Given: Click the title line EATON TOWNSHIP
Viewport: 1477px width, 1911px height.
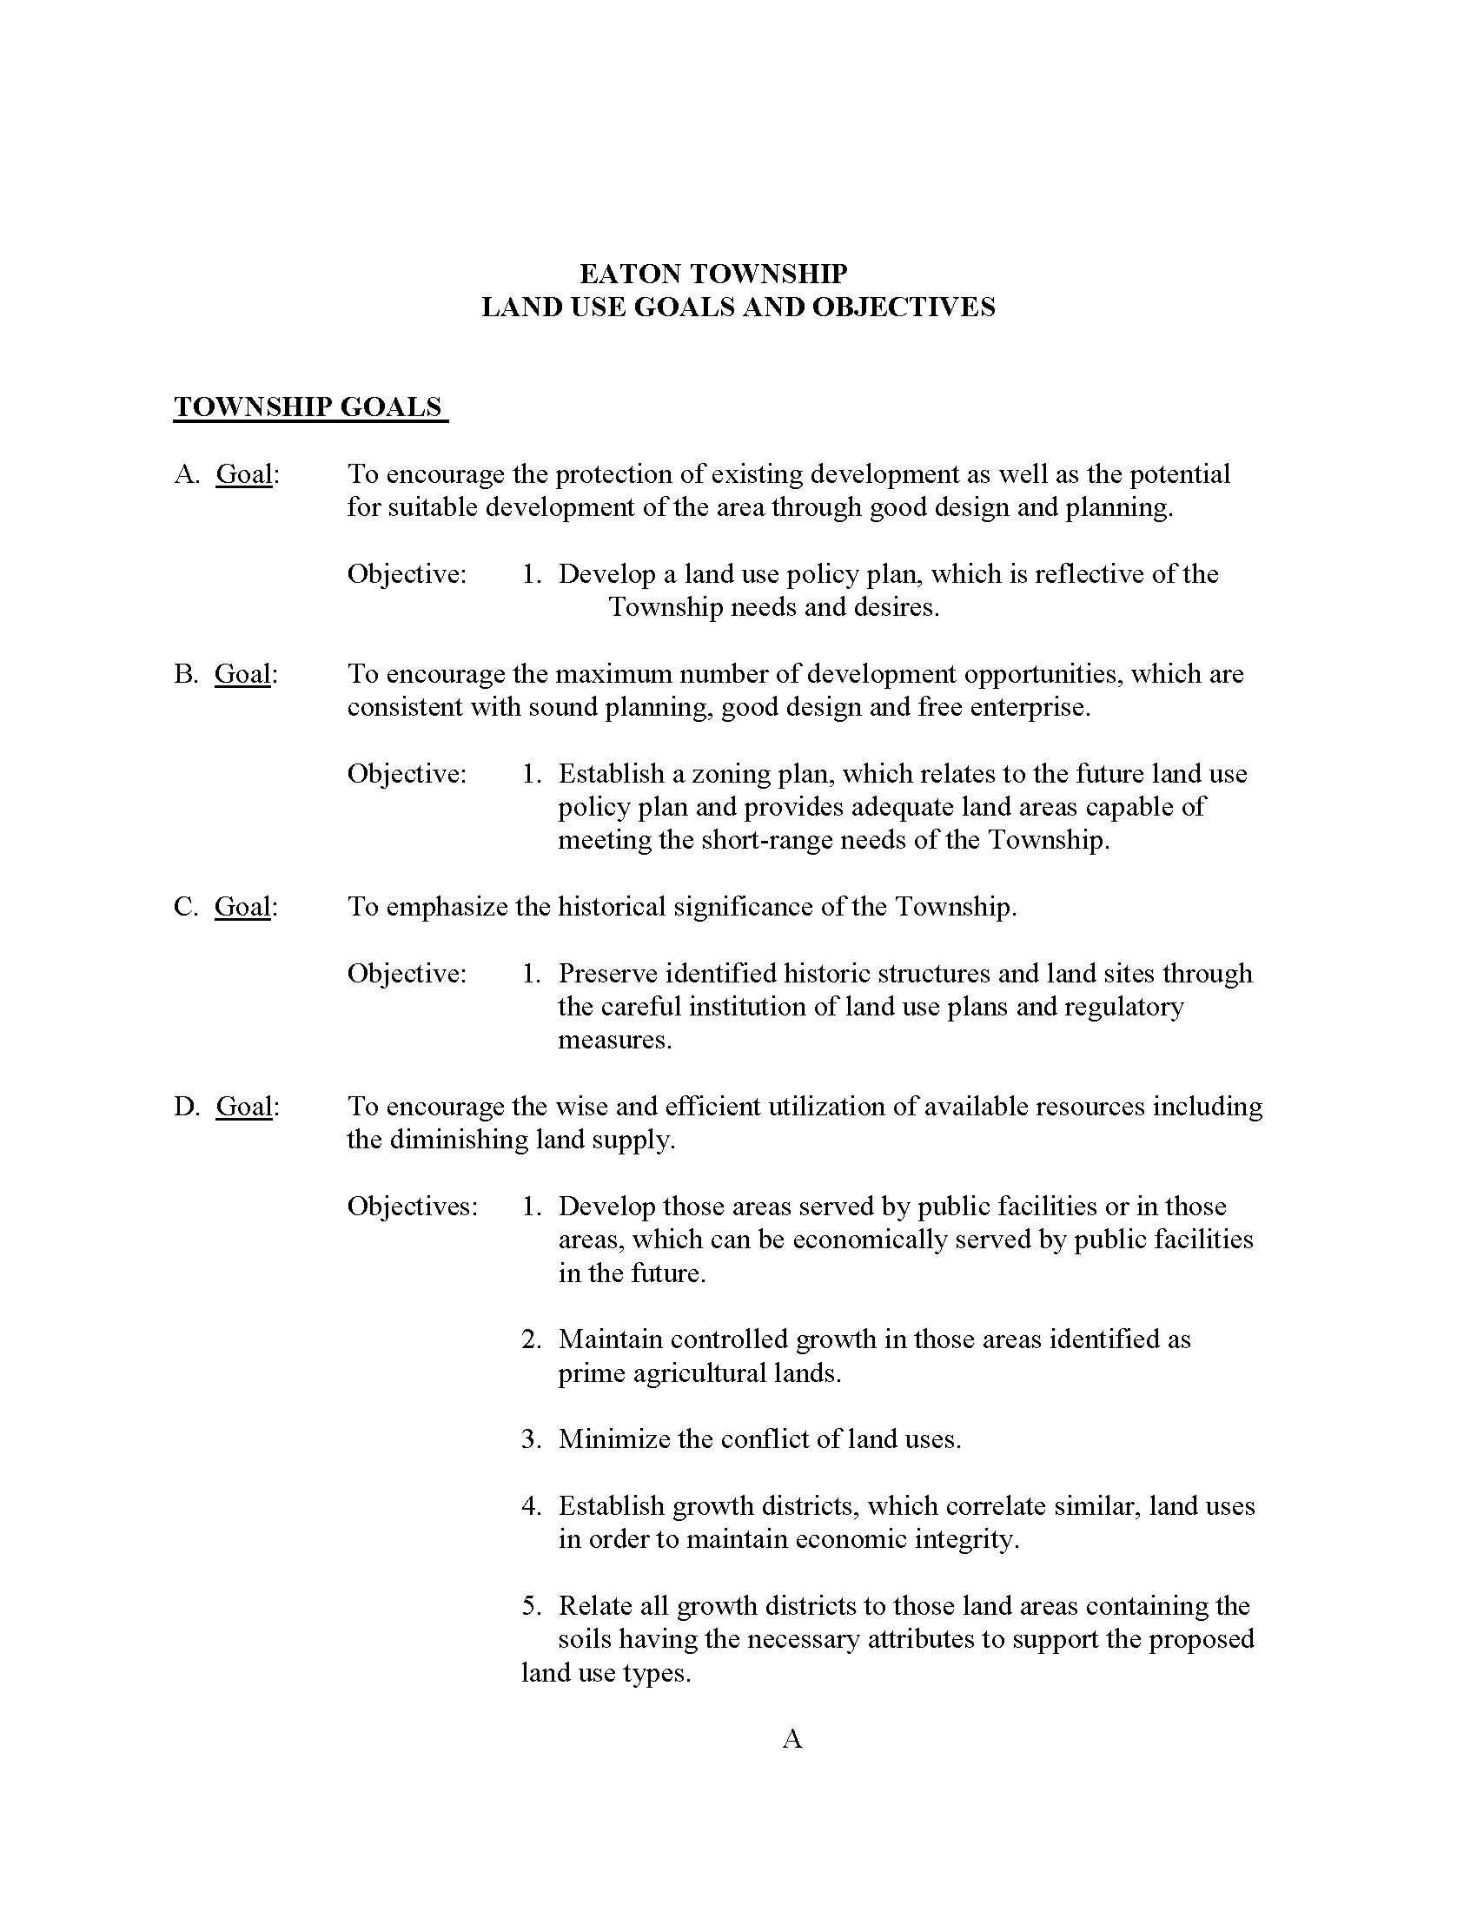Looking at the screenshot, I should pyautogui.click(x=713, y=274).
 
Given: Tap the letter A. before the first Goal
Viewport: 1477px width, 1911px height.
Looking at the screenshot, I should pyautogui.click(x=189, y=474).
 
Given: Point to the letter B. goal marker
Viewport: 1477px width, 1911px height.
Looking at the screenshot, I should pyautogui.click(x=188, y=674).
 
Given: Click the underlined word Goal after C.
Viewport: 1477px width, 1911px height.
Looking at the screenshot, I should pyautogui.click(x=242, y=907).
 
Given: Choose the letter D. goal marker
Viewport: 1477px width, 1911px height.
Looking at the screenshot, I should pyautogui.click(x=189, y=1107).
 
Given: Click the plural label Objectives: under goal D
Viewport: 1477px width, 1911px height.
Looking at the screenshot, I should pyautogui.click(x=413, y=1207).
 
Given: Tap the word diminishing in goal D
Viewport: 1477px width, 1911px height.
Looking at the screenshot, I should pyautogui.click(x=464, y=1141).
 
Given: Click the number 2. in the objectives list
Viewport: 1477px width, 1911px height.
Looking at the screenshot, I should pyautogui.click(x=532, y=1339).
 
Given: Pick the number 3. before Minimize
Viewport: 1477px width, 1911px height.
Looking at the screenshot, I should pyautogui.click(x=532, y=1439).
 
